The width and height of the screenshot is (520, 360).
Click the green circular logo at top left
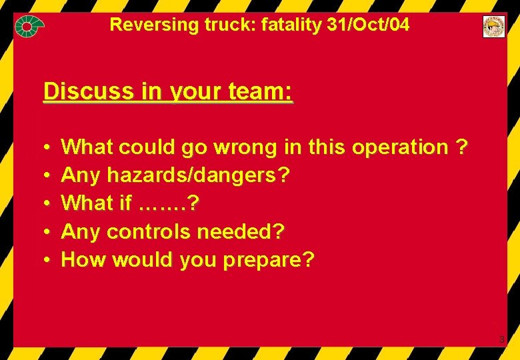[29, 26]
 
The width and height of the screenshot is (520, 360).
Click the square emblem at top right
[494, 27]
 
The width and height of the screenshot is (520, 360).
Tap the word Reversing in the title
[144, 26]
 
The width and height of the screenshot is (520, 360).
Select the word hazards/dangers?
[198, 175]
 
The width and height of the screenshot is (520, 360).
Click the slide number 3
[503, 341]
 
